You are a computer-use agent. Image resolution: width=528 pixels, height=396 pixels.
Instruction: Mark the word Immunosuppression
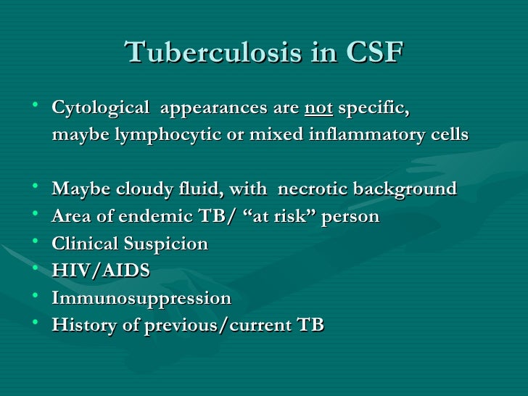coord(142,298)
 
